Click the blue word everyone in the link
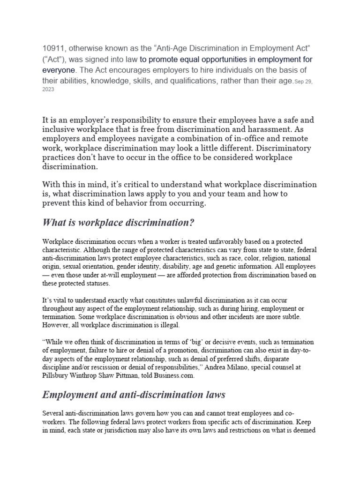pyautogui.click(x=59, y=70)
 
